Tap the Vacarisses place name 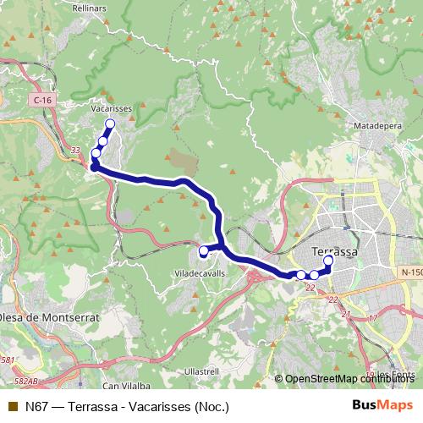click(x=108, y=109)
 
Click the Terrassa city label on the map click(x=335, y=251)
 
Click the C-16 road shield click(x=44, y=101)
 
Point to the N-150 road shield click(x=411, y=272)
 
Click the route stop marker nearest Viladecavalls click(x=204, y=251)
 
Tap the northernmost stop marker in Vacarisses click(x=110, y=124)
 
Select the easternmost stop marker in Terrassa click(x=328, y=261)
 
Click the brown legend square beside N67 click(x=13, y=406)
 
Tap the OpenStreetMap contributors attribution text click(x=347, y=379)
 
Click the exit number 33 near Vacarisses click(x=75, y=151)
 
